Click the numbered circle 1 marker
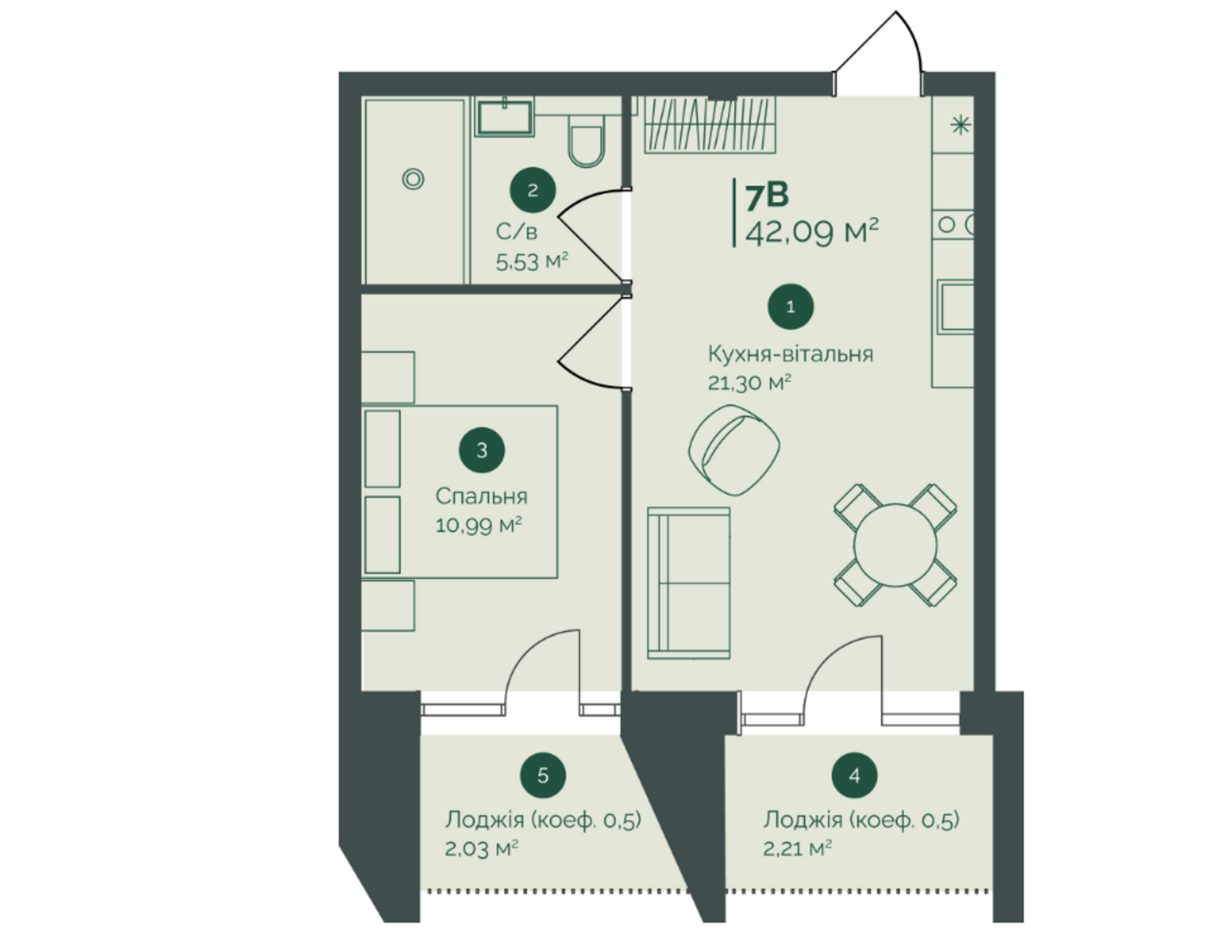coord(790,306)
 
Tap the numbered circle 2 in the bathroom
coord(532,190)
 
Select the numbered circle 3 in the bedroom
coord(482,451)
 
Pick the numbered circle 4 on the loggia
coord(854,775)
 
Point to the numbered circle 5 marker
coord(543,775)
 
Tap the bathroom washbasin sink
coord(504,117)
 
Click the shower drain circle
coord(413,179)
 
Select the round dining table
coord(895,545)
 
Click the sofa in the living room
coord(689,583)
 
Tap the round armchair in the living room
coord(734,451)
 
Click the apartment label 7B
coord(767,196)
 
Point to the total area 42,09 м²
coord(812,232)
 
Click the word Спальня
coord(481,496)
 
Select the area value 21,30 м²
coord(749,383)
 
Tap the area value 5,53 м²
coord(531,261)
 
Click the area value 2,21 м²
coord(797,849)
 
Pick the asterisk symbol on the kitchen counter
coord(960,124)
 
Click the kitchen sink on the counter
coord(956,307)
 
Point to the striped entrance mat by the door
coord(710,125)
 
